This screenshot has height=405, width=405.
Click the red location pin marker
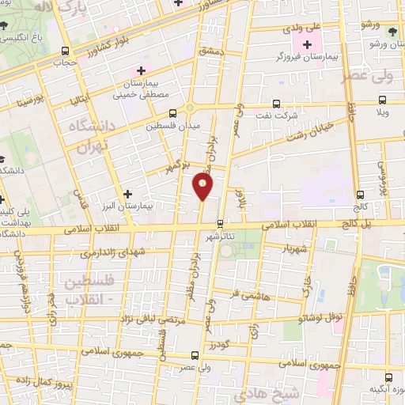[x=203, y=187]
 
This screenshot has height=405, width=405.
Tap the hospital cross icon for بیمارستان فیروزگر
[x=307, y=43]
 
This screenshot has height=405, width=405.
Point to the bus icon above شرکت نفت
[x=276, y=104]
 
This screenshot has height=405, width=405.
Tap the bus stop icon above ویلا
[x=383, y=100]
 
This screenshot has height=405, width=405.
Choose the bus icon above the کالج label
[x=361, y=194]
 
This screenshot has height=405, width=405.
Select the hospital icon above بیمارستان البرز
[x=127, y=193]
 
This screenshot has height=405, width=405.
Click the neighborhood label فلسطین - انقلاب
[x=87, y=290]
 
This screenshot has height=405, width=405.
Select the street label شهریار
[x=273, y=248]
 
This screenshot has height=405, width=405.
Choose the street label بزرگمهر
[x=178, y=167]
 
